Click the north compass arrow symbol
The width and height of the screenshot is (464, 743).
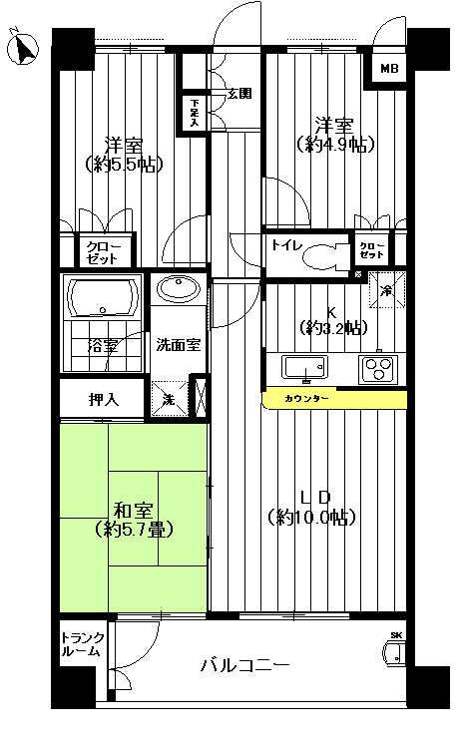22,47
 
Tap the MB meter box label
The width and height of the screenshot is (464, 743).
388,69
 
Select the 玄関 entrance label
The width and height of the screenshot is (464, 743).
239,95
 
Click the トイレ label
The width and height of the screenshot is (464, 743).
286,242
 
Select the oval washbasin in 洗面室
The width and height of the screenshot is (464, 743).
180,290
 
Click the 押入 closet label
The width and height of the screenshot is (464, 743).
104,400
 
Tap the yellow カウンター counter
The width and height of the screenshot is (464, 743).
334,399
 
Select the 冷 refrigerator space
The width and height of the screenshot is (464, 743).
388,290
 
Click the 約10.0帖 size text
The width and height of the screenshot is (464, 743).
311,517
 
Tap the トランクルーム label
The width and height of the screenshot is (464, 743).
80,644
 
